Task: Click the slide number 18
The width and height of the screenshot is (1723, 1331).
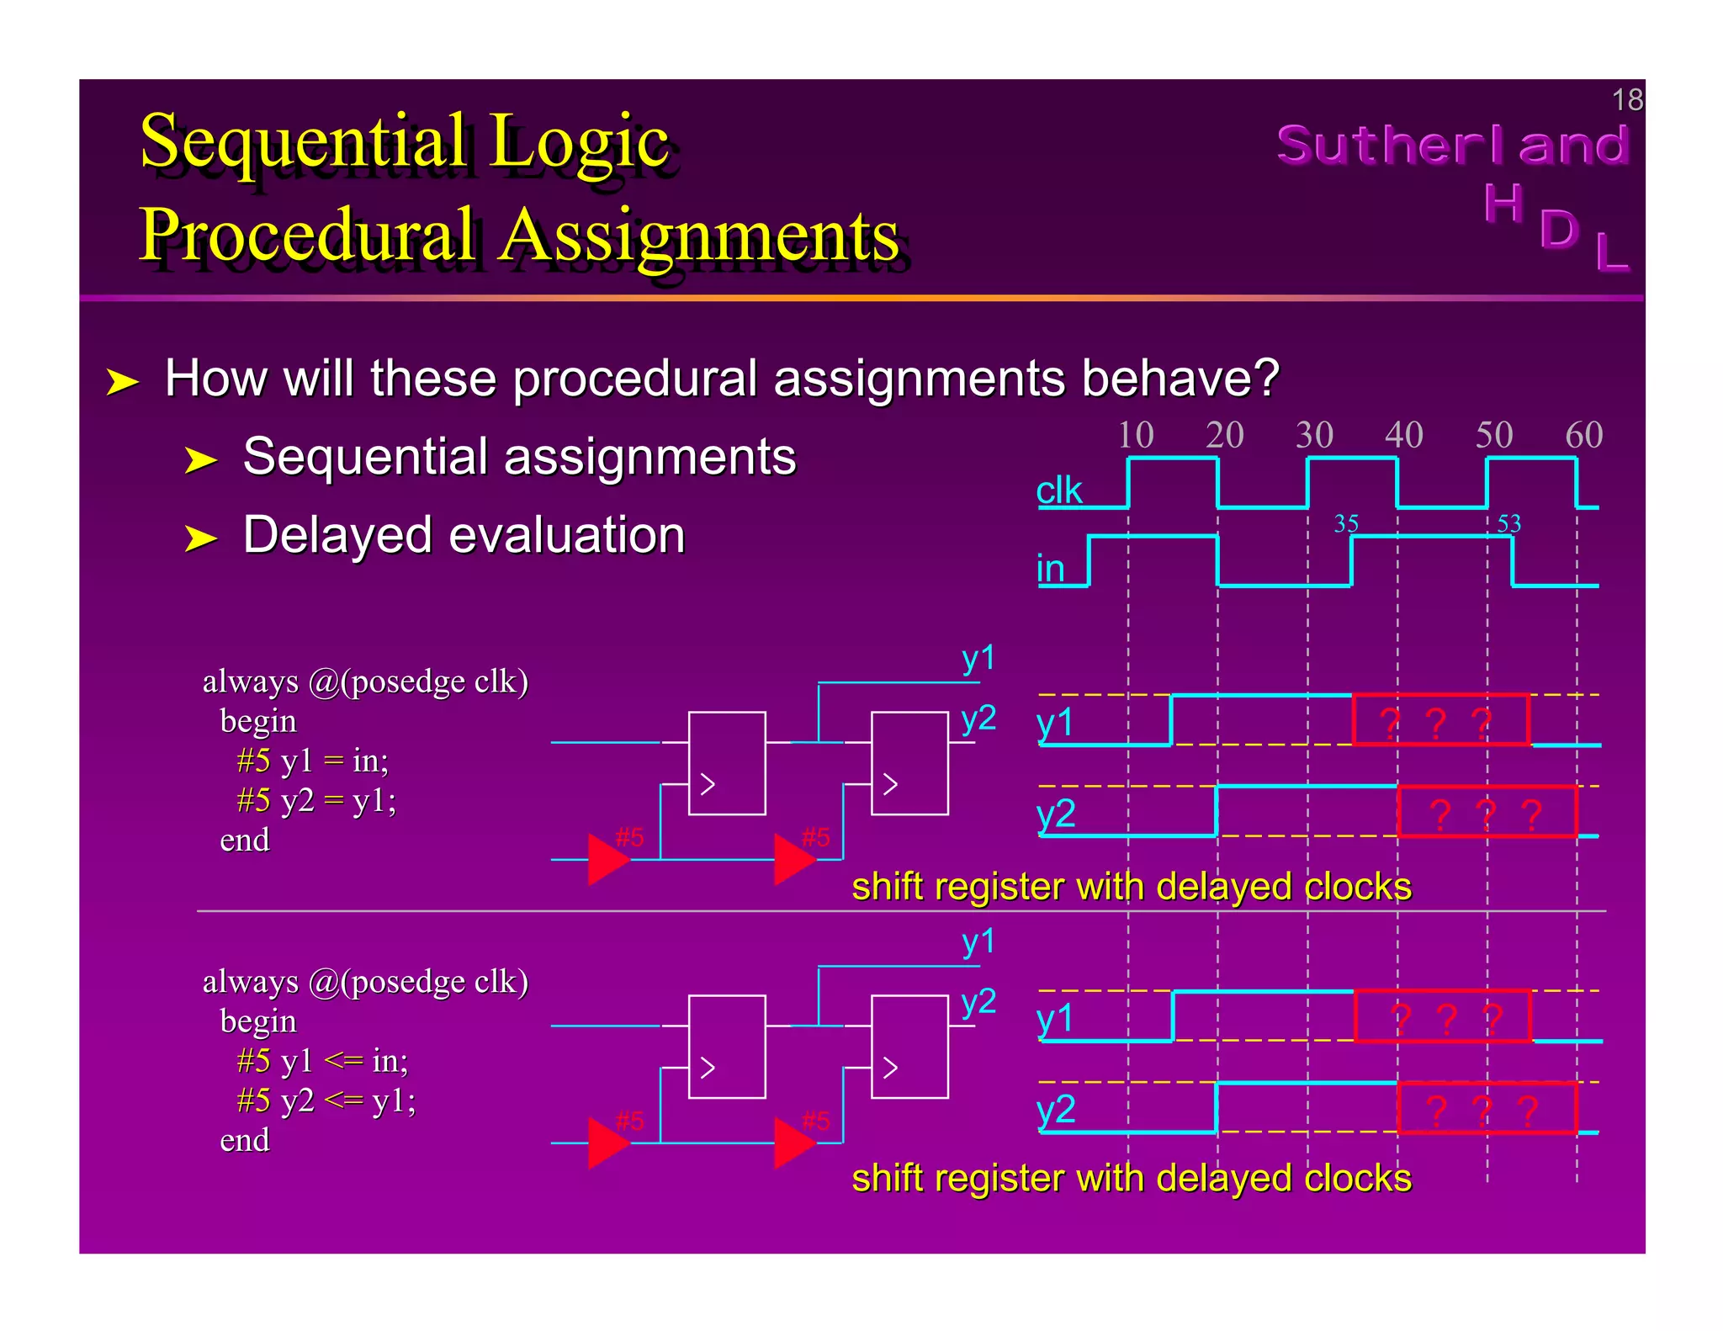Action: pyautogui.click(x=1626, y=100)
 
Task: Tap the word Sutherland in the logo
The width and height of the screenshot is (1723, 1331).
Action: pyautogui.click(x=1453, y=145)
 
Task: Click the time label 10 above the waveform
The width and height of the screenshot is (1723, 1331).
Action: pyautogui.click(x=1135, y=435)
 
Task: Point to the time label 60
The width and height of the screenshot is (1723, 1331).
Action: pyautogui.click(x=1583, y=435)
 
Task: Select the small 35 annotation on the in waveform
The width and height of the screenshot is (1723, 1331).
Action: pyautogui.click(x=1346, y=523)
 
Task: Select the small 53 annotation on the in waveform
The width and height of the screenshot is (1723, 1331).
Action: pyautogui.click(x=1508, y=523)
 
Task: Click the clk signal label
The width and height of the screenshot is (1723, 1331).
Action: pyautogui.click(x=1058, y=491)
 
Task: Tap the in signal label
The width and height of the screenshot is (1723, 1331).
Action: pyautogui.click(x=1050, y=569)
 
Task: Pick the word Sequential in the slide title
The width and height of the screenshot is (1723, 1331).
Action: pyautogui.click(x=303, y=141)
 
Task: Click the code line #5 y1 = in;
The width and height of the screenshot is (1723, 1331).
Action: pyautogui.click(x=312, y=761)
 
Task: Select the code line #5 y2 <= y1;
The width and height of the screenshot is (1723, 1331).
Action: pyautogui.click(x=326, y=1100)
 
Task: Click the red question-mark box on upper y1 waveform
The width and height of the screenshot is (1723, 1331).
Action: pyautogui.click(x=1439, y=720)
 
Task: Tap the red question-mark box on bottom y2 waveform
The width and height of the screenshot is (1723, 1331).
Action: pyautogui.click(x=1487, y=1109)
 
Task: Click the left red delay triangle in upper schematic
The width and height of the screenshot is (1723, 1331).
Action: pyautogui.click(x=607, y=859)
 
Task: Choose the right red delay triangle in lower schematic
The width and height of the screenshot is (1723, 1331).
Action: pyautogui.click(x=793, y=1143)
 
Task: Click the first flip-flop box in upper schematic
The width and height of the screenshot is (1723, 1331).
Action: pyautogui.click(x=727, y=763)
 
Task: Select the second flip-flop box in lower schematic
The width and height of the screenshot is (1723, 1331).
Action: pyautogui.click(x=909, y=1047)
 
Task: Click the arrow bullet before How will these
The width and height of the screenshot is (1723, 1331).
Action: pyautogui.click(x=122, y=382)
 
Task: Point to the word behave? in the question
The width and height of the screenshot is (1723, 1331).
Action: pyautogui.click(x=1180, y=378)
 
